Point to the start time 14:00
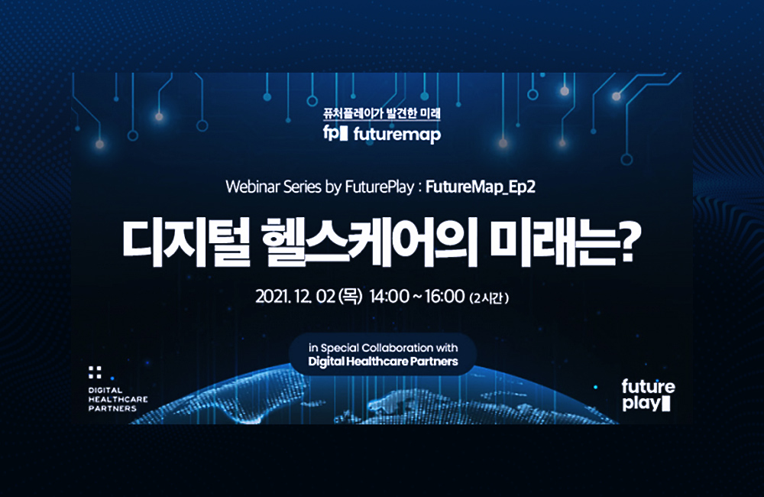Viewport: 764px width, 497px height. tap(389, 297)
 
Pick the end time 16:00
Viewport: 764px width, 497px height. tap(445, 297)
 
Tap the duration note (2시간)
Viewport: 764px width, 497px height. tap(489, 297)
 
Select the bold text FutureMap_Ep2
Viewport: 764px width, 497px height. tap(481, 187)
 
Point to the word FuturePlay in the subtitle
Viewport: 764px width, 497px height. tap(380, 187)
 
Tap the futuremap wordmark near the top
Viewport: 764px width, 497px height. tap(397, 135)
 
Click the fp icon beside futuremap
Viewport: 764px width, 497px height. tap(335, 134)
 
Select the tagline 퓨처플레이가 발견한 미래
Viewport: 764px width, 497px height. tap(382, 114)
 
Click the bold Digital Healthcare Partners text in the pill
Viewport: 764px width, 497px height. tap(383, 362)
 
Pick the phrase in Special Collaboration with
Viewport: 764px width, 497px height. tap(383, 348)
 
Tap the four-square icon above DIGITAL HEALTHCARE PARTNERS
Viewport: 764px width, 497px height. tap(95, 372)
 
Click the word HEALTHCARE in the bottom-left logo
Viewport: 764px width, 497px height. tap(118, 399)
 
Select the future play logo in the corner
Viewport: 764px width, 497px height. tap(648, 395)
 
